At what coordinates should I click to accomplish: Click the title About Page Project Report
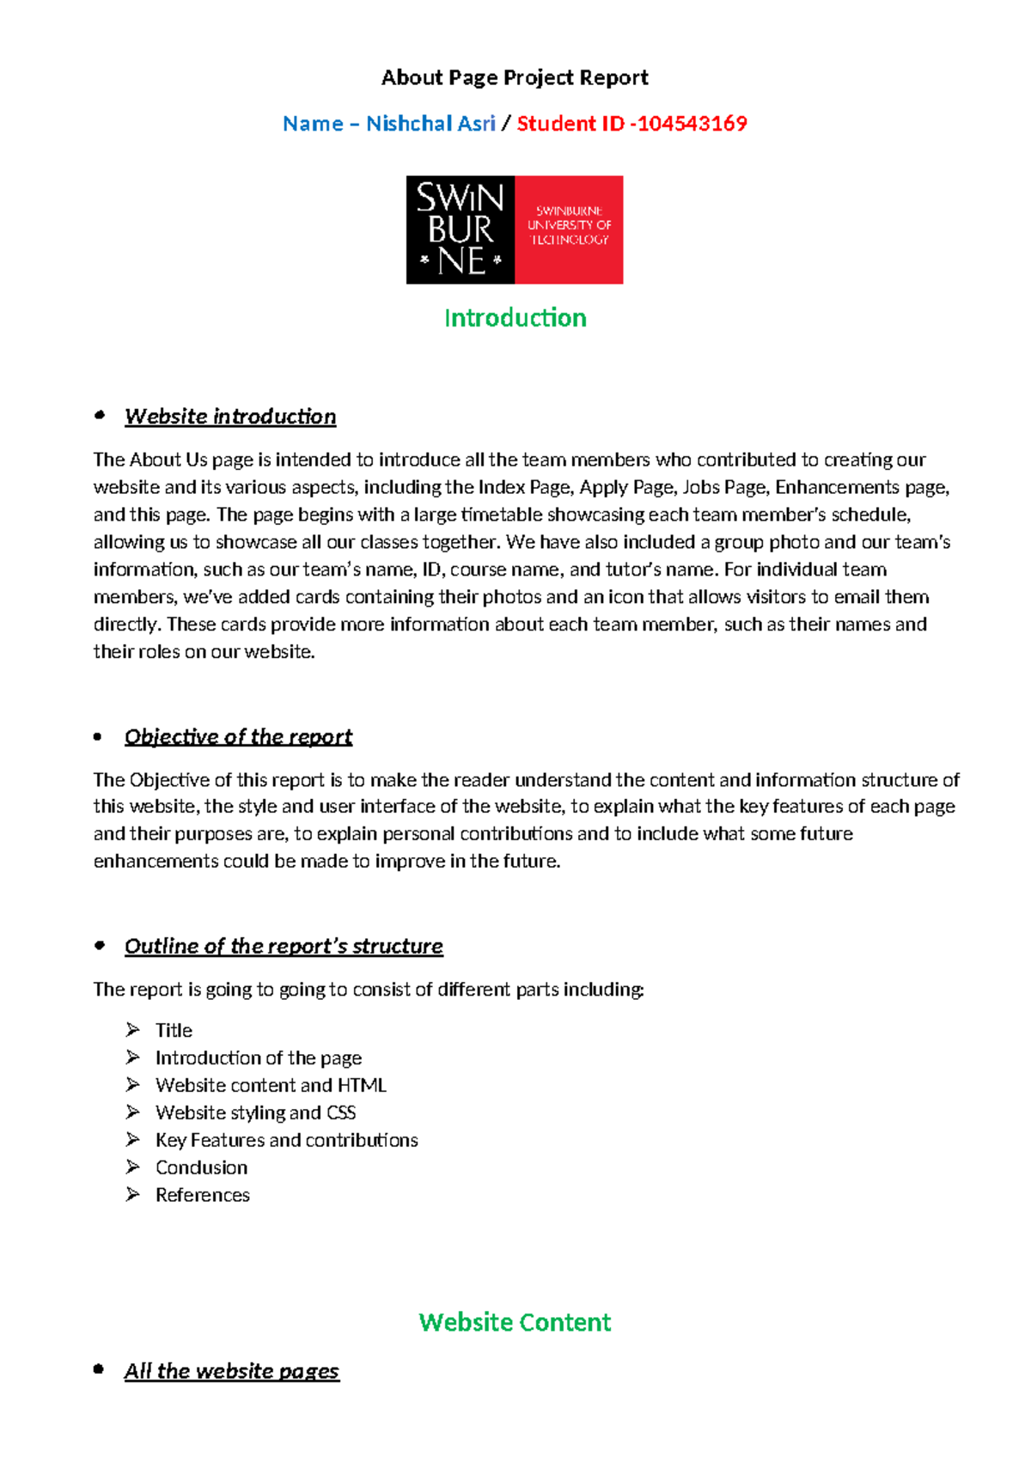514,78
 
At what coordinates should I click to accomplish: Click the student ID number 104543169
692,124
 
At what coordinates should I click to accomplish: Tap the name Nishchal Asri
430,124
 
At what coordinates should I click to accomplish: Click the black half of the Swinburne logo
461,230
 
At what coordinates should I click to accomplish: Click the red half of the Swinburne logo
569,230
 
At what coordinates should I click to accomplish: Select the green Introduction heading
515,318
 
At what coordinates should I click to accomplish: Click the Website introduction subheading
230,417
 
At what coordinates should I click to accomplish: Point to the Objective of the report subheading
238,737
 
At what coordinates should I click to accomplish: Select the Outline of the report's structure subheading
284,946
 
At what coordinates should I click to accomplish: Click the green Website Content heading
515,1321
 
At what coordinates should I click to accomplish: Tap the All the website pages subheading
232,1371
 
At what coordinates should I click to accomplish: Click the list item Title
174,1030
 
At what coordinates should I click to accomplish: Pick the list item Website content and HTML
271,1085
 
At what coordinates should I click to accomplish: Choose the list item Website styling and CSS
255,1113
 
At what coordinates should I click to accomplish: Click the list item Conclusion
201,1167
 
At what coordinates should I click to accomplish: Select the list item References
202,1195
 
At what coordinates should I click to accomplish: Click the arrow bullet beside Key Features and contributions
132,1139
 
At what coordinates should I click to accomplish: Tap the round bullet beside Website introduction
100,416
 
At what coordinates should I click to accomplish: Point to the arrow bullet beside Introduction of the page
132,1057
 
